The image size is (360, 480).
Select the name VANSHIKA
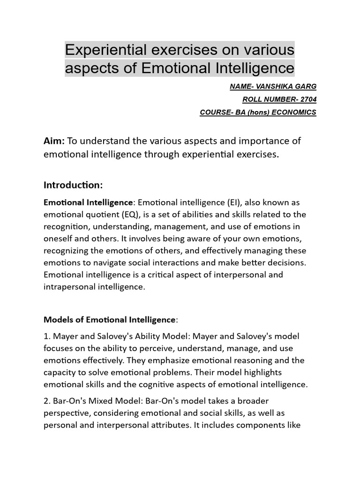(x=275, y=87)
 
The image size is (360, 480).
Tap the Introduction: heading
(x=73, y=185)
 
